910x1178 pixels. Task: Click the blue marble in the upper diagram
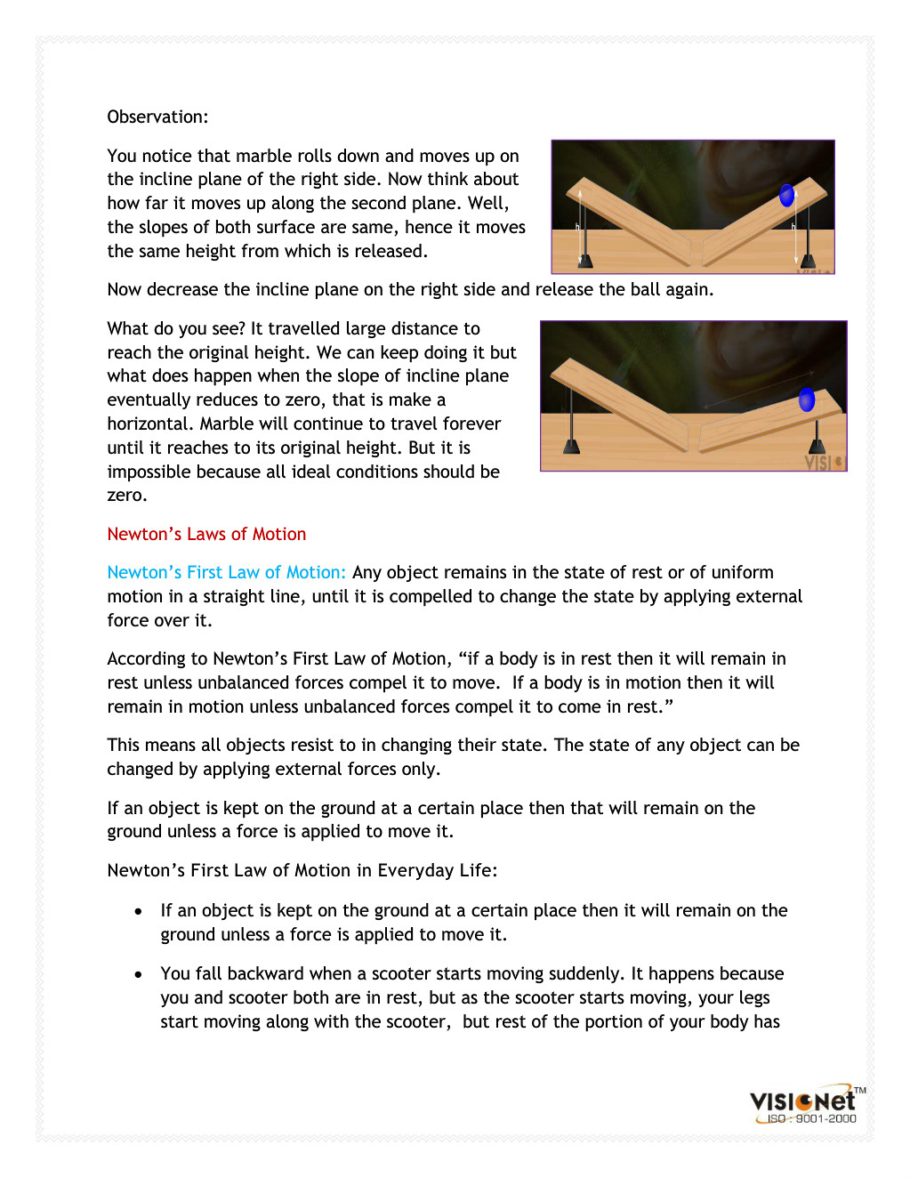[786, 196]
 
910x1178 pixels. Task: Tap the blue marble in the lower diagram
[807, 399]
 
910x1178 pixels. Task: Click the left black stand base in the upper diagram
[584, 261]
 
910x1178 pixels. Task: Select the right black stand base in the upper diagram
[809, 260]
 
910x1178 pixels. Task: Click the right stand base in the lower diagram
[817, 446]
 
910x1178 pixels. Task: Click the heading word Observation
[157, 117]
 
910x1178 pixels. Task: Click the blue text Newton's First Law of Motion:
[226, 572]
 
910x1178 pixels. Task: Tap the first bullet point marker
[138, 911]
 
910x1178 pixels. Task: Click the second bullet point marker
[138, 974]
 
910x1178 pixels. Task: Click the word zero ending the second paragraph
[126, 495]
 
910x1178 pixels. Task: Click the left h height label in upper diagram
[577, 227]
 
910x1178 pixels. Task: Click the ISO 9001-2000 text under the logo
[811, 1118]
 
